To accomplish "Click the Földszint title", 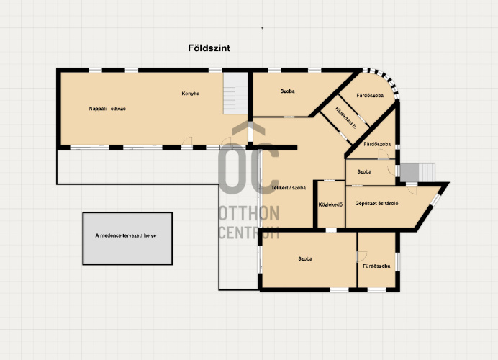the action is tap(209, 48).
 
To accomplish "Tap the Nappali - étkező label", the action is tap(107, 109).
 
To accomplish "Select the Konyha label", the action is tap(191, 94).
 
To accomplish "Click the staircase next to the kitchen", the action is tap(235, 93).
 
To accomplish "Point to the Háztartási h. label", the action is tap(345, 117).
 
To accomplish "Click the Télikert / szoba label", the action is tap(289, 188).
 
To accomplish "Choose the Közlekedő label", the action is tap(330, 205).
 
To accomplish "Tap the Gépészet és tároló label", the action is tap(376, 203).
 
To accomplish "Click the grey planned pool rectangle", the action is tap(127, 238).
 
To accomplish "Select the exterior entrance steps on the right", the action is tap(417, 173).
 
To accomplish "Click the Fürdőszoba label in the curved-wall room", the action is tap(370, 95).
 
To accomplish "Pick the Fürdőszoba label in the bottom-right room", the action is tap(376, 266).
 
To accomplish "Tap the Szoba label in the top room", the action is tap(287, 91).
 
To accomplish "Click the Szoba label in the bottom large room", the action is tap(305, 259).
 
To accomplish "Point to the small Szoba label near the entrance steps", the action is tap(364, 171).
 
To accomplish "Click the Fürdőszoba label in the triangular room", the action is tap(377, 144).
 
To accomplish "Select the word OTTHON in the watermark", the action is tap(249, 213).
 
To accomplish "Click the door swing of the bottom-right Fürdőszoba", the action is tap(362, 256).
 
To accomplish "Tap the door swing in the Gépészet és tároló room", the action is tap(412, 189).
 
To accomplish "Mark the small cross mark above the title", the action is tap(263, 28).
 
